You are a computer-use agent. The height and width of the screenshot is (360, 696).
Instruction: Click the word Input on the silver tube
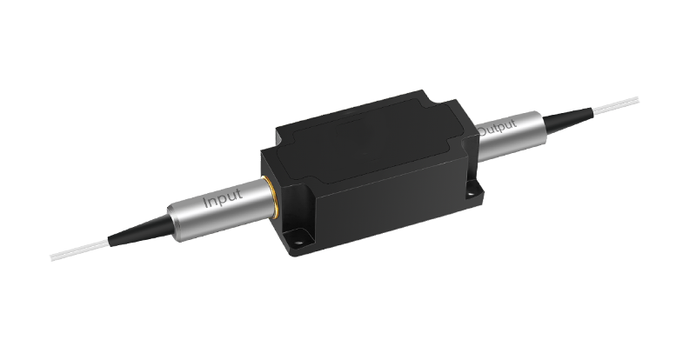(x=224, y=198)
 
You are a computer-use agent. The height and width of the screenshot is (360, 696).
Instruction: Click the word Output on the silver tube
(x=497, y=127)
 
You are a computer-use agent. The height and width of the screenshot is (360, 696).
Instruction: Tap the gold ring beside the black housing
(x=270, y=197)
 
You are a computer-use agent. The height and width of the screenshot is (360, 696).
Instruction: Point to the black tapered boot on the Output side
(x=568, y=117)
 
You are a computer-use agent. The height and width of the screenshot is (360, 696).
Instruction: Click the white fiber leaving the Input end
(x=79, y=249)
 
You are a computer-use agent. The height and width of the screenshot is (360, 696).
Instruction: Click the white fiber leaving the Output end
(x=616, y=103)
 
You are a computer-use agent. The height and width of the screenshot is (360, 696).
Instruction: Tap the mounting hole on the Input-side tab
(x=298, y=243)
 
